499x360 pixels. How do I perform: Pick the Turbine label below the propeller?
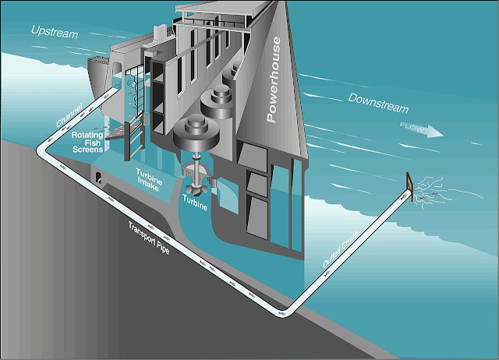click(x=196, y=202)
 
